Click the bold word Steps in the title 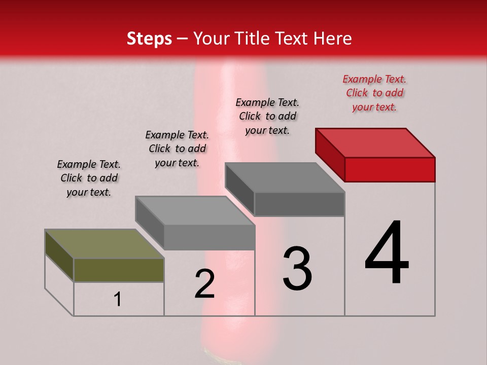tap(149, 39)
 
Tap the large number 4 tap(387, 253)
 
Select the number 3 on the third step tap(297, 269)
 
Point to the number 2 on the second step tap(204, 284)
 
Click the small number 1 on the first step tap(118, 299)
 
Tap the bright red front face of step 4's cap tap(390, 169)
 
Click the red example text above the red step tap(374, 93)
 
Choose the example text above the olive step tap(89, 178)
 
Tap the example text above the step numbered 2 tap(177, 149)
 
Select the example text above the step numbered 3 tap(267, 116)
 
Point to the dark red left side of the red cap tap(330, 155)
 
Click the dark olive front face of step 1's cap tap(119, 270)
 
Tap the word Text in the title tap(291, 39)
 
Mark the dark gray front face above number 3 tap(299, 204)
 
